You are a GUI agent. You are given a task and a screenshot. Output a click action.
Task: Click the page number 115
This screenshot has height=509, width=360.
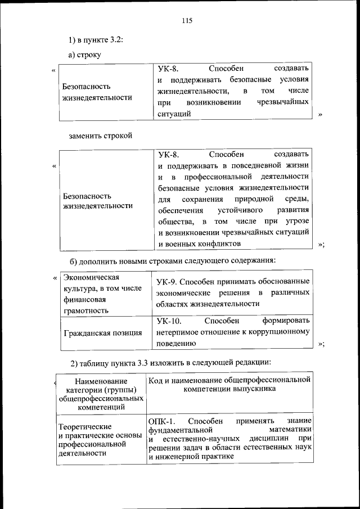click(x=187, y=21)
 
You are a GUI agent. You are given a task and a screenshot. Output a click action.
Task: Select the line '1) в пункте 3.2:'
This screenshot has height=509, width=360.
click(x=96, y=39)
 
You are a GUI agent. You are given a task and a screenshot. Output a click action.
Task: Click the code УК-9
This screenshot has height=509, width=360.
click(x=168, y=281)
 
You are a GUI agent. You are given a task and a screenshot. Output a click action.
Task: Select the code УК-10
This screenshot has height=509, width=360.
click(x=169, y=321)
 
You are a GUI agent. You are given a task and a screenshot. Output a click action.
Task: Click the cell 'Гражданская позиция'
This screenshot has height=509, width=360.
click(x=102, y=332)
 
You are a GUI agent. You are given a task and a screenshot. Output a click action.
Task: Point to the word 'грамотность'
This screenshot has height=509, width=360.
click(x=86, y=310)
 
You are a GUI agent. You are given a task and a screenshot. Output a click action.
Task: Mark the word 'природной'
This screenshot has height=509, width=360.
click(x=255, y=199)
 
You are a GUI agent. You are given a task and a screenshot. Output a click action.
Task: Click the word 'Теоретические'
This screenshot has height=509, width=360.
click(x=84, y=426)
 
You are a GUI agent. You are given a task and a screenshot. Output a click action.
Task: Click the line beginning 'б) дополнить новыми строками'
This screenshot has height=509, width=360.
click(x=172, y=260)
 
